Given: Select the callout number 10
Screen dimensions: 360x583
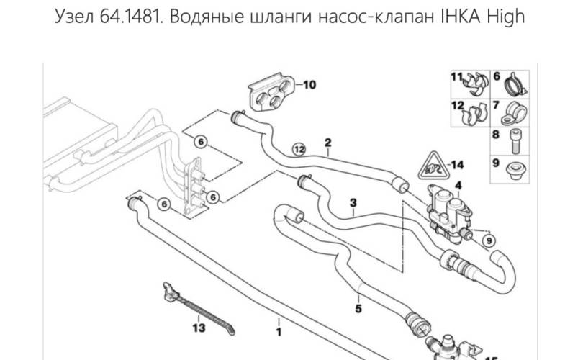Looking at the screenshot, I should (x=309, y=85).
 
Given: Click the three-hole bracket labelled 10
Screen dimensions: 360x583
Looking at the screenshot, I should (x=271, y=93).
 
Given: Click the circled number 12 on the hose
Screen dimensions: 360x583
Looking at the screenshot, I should (x=300, y=149).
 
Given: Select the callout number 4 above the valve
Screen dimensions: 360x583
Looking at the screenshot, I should (x=458, y=186).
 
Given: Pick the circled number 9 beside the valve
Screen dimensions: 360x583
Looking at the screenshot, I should (x=488, y=239).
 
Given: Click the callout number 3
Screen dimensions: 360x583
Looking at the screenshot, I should (x=353, y=204).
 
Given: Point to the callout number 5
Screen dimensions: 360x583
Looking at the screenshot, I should (x=358, y=310).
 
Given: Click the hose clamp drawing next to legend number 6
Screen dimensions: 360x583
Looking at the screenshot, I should (x=515, y=84).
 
